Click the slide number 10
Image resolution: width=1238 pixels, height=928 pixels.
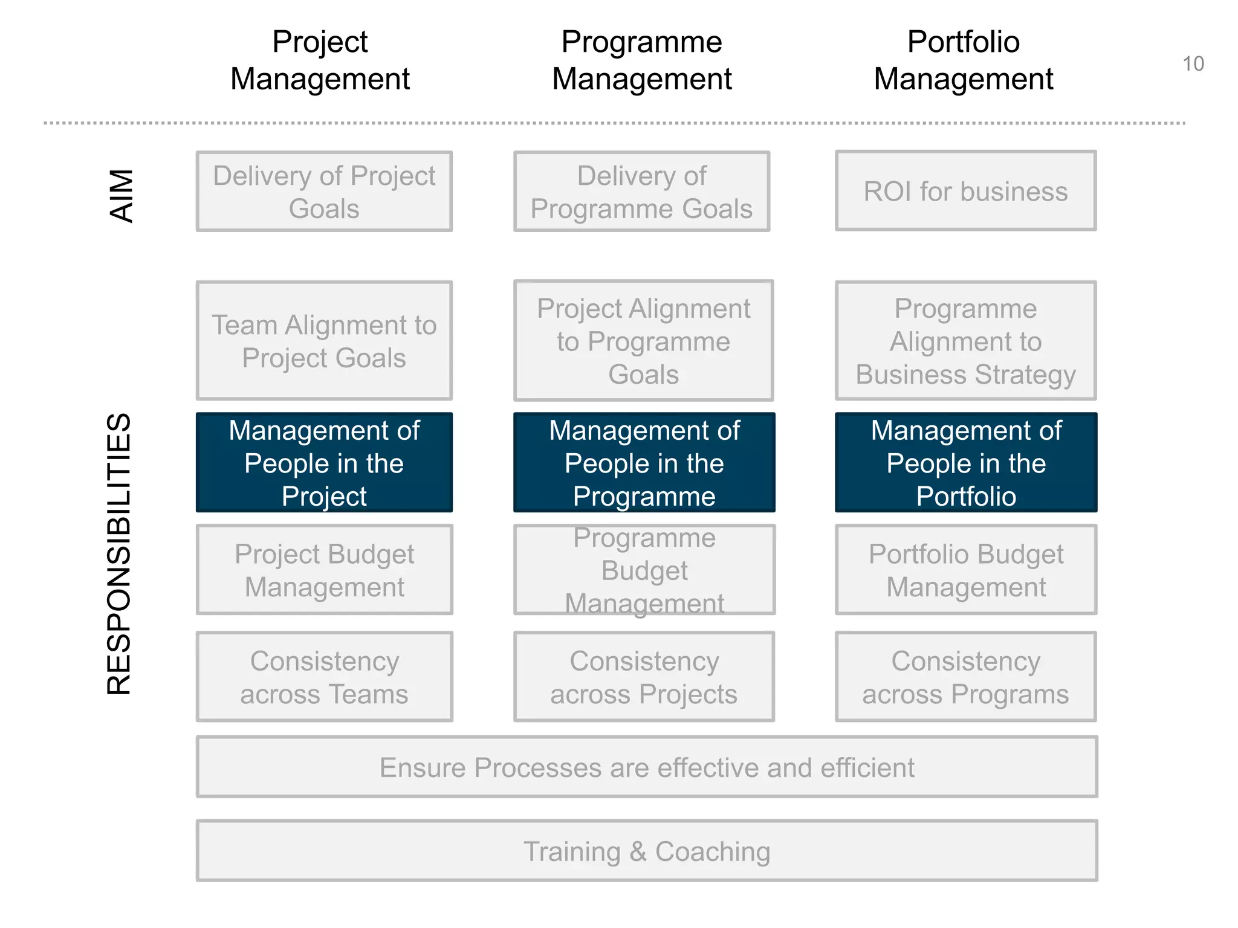point(1193,64)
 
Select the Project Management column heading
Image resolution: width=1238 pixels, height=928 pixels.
point(320,60)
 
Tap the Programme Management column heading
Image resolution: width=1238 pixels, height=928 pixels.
point(641,60)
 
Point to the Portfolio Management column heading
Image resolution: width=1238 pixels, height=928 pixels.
point(963,60)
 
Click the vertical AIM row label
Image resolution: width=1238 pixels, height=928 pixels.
point(122,196)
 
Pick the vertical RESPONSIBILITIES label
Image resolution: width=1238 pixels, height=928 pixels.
point(118,553)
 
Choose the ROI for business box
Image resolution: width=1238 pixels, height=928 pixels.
point(965,192)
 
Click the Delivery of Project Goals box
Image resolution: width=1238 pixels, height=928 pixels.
point(324,192)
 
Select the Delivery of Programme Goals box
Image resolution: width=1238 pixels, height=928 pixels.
point(641,192)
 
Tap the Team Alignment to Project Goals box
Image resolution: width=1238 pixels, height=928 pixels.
point(324,341)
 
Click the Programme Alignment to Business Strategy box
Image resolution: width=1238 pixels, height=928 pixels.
point(965,341)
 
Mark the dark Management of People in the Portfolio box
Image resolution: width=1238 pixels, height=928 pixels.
point(965,463)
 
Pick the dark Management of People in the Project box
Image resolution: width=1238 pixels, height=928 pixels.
point(324,463)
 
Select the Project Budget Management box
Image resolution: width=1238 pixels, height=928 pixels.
point(324,570)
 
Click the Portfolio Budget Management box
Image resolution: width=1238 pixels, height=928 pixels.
point(965,570)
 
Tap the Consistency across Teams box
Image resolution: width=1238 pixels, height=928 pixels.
point(324,677)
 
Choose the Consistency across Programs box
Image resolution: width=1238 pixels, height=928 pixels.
point(965,677)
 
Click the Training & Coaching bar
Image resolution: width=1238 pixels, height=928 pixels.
point(647,851)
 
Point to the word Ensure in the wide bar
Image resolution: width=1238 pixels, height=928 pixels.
point(422,768)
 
